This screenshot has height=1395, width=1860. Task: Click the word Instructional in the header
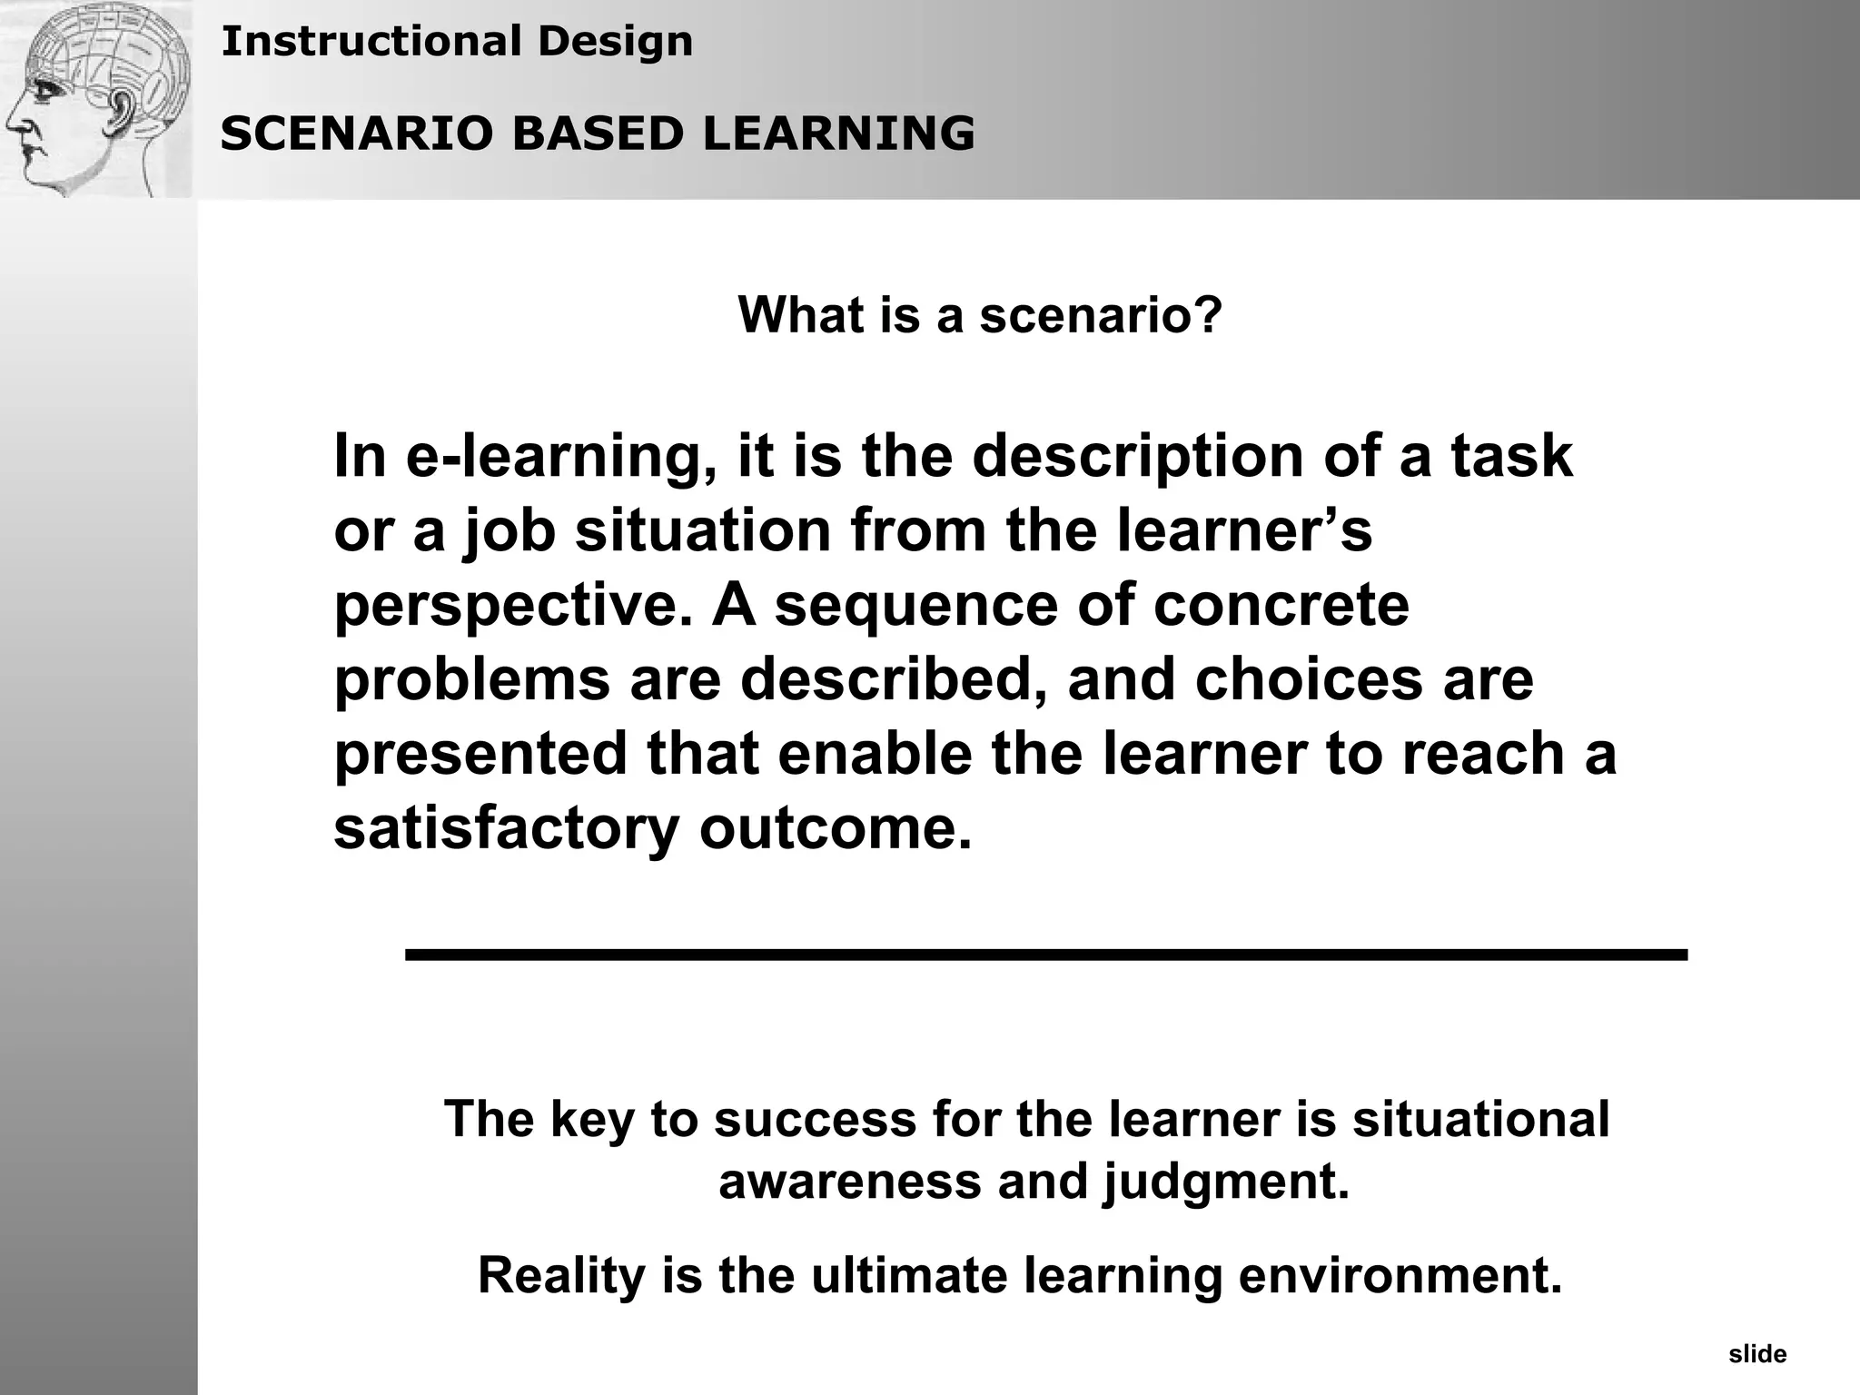click(371, 42)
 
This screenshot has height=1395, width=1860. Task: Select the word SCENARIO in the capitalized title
click(357, 134)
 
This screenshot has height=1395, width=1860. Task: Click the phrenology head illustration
click(96, 98)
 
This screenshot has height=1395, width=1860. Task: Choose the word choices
click(1308, 680)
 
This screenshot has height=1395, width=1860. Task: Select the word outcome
click(836, 829)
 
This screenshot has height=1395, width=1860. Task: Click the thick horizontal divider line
click(1045, 955)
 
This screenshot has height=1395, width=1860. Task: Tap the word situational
click(1480, 1119)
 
